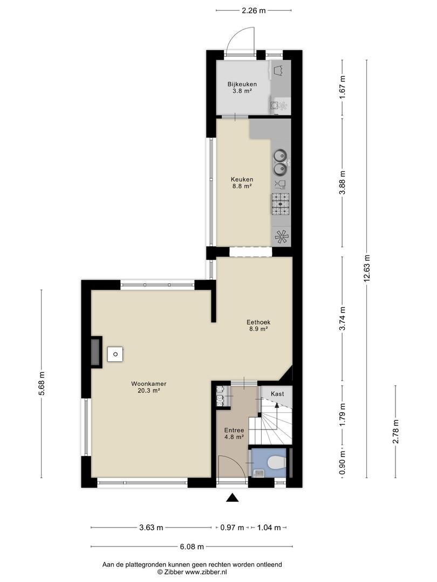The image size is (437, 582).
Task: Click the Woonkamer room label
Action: [148, 387]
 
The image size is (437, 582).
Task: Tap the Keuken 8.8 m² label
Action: [242, 183]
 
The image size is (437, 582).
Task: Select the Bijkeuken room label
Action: [242, 87]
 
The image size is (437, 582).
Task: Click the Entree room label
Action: [234, 433]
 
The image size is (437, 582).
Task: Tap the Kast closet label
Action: [277, 394]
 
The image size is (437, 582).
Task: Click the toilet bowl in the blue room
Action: [276, 462]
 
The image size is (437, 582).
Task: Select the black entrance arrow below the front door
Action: [233, 498]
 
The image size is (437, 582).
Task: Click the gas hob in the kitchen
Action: [280, 204]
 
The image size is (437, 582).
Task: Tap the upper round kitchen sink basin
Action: [280, 155]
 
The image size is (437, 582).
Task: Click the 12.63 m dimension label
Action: [367, 268]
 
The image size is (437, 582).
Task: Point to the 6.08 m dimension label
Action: [192, 546]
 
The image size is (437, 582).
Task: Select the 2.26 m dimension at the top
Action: [254, 10]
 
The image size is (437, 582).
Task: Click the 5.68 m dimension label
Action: [41, 384]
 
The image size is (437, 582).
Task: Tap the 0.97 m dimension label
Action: [232, 528]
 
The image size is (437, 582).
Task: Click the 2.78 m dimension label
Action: [396, 431]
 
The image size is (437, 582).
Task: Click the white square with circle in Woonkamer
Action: [115, 354]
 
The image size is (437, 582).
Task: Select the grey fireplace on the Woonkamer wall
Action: [96, 352]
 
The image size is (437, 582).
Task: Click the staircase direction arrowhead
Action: [276, 405]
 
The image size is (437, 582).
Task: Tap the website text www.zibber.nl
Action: [206, 572]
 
